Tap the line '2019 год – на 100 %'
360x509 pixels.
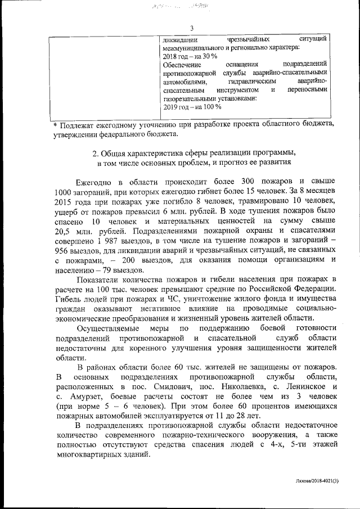pyautogui.click(x=191, y=106)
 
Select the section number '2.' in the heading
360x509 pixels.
pyautogui.click(x=95, y=153)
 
